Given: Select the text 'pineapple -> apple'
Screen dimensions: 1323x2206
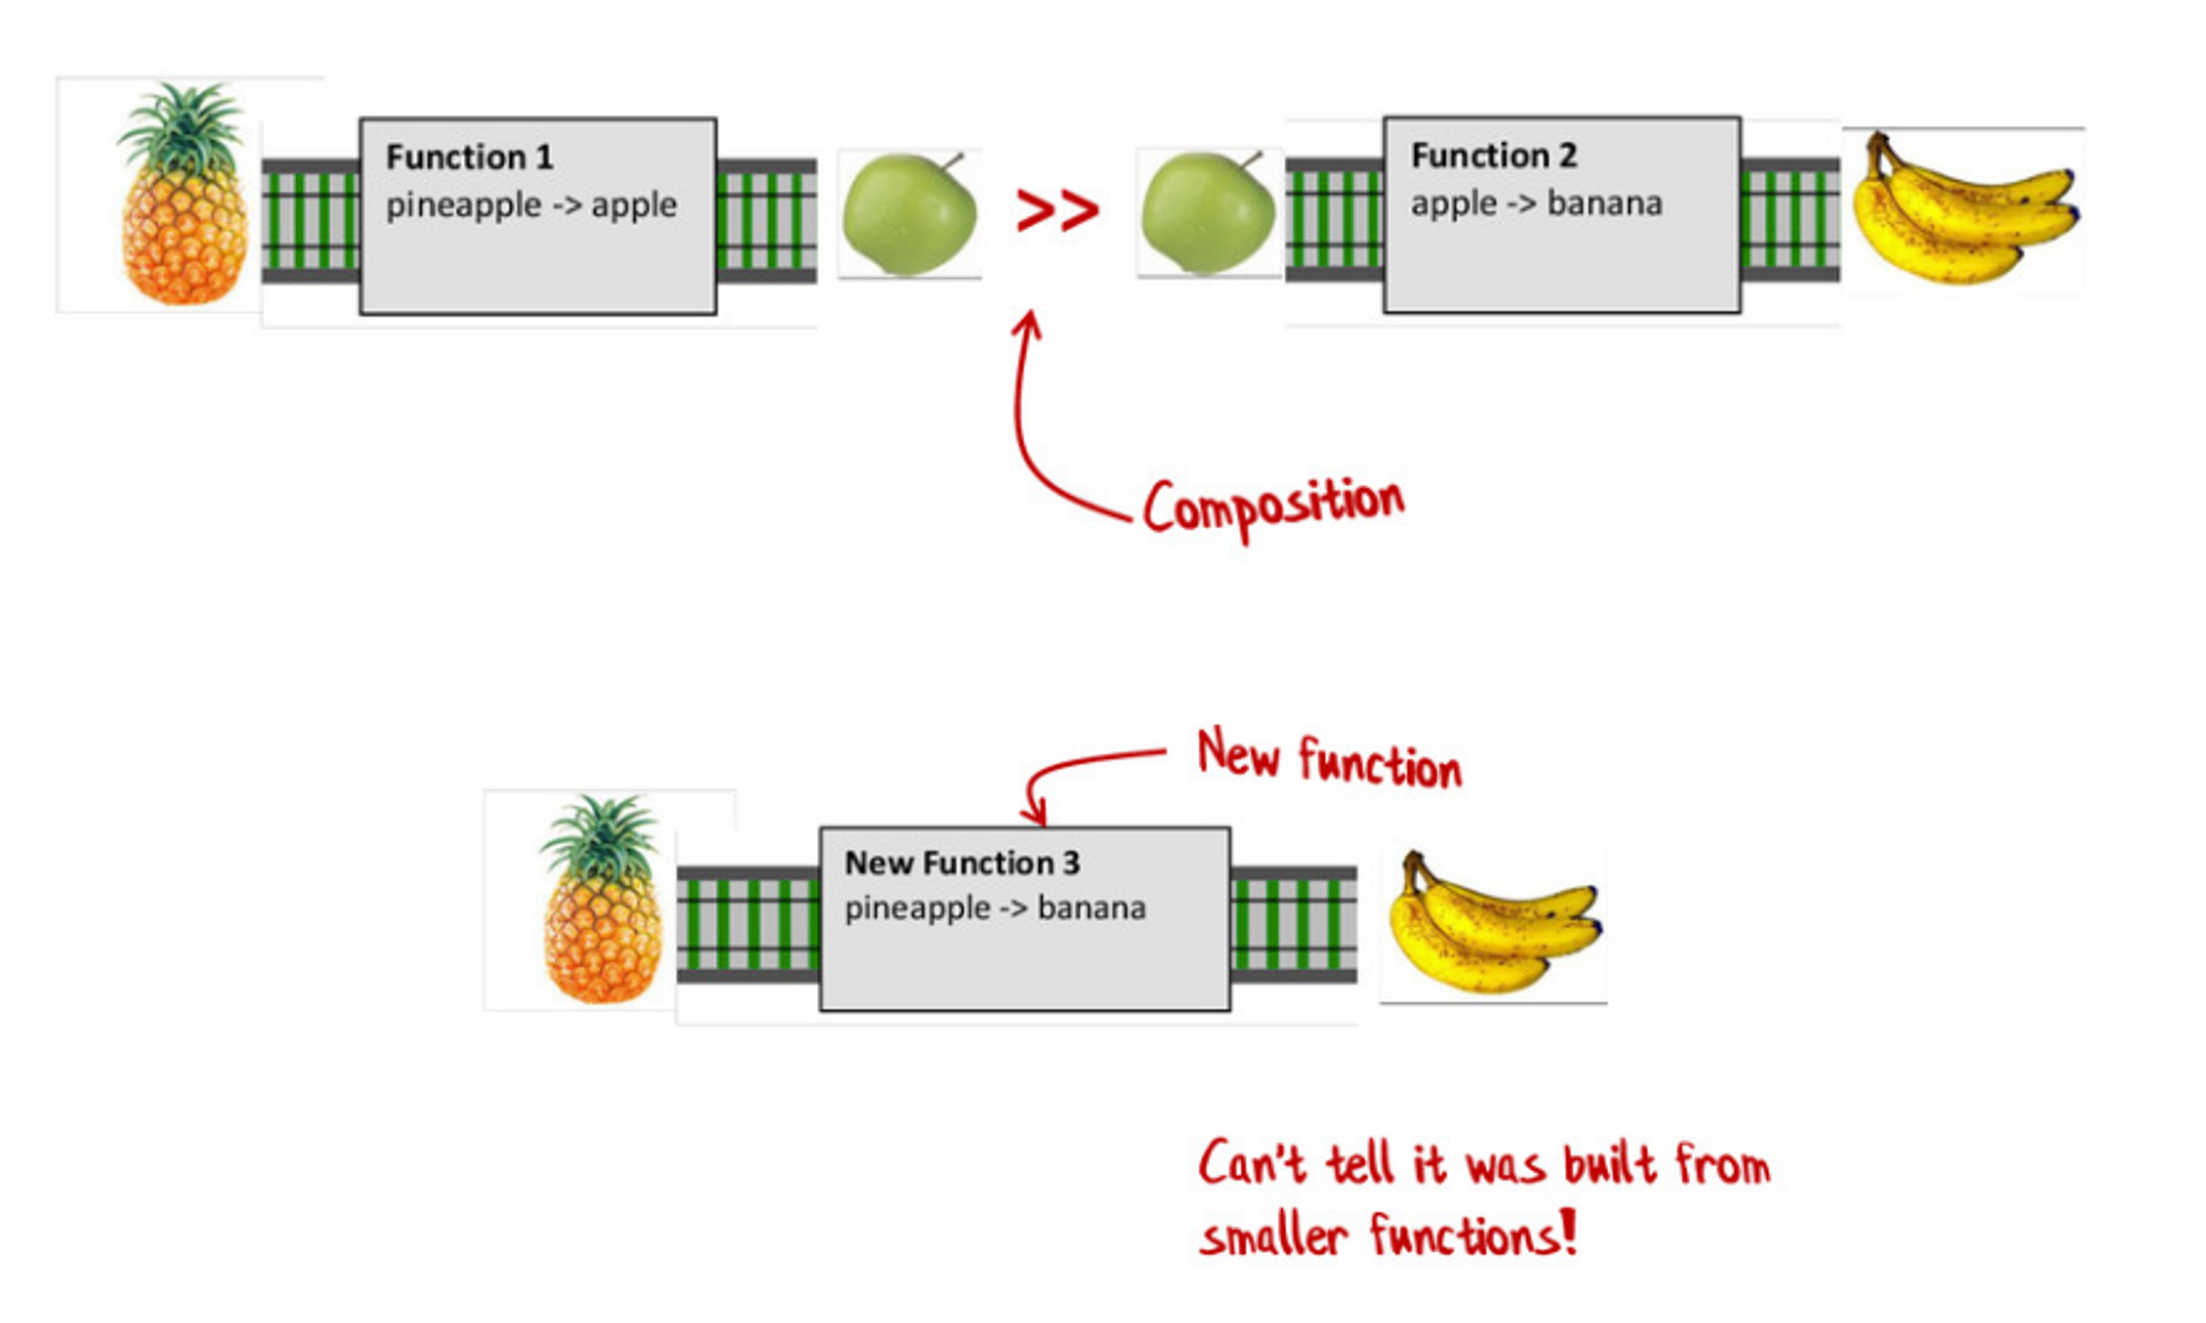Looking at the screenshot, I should pyautogui.click(x=531, y=206).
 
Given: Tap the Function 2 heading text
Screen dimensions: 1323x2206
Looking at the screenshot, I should pyautogui.click(x=1493, y=156).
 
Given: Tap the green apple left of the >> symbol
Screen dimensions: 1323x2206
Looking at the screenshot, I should pyautogui.click(x=909, y=214).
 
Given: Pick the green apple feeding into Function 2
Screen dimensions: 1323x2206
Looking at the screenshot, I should pyautogui.click(x=1208, y=212).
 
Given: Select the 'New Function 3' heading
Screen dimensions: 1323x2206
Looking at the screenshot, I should pyautogui.click(x=962, y=863).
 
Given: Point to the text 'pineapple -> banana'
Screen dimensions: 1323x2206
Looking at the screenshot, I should pyautogui.click(x=995, y=908).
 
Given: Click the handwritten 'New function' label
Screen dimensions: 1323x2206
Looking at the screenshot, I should pyautogui.click(x=1329, y=761).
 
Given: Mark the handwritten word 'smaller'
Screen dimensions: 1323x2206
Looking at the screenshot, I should pyautogui.click(x=1272, y=1237).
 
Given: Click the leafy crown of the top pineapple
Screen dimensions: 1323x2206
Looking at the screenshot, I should pyautogui.click(x=182, y=125).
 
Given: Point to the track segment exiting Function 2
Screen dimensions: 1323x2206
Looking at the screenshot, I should pyautogui.click(x=1790, y=219).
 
